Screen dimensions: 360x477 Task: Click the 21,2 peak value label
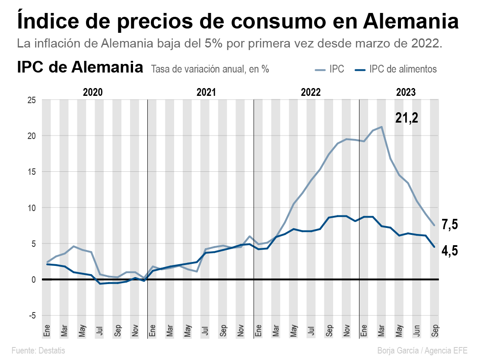coord(407,118)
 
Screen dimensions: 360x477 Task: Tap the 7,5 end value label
coord(449,224)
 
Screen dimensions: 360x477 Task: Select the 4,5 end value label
coord(449,251)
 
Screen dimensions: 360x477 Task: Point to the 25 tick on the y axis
coord(32,100)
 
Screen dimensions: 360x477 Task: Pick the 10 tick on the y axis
coord(32,208)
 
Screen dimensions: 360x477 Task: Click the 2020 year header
coord(92,92)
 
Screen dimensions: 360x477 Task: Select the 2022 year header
coord(311,92)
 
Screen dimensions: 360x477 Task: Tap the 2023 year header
coord(406,92)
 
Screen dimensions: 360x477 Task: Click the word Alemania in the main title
coord(411,21)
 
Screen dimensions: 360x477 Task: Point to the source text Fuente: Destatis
coord(38,350)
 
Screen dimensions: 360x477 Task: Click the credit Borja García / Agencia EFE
coord(422,350)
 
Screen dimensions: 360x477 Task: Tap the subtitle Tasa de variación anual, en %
coord(210,69)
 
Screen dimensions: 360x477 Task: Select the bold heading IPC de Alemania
coord(80,68)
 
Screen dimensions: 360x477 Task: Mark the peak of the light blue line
coord(382,127)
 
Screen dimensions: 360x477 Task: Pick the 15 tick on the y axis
coord(32,172)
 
